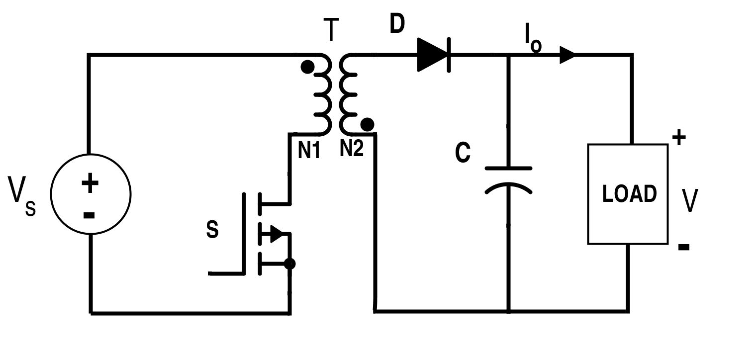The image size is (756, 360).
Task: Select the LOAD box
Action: click(x=628, y=194)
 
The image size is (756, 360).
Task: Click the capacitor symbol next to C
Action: click(x=508, y=179)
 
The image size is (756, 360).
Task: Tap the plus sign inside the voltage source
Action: click(x=90, y=184)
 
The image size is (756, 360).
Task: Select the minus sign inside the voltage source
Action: click(x=89, y=215)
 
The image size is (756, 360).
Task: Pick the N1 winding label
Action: click(x=309, y=149)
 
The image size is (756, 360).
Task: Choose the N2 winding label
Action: click(x=352, y=148)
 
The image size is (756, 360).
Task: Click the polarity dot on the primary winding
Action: click(x=308, y=66)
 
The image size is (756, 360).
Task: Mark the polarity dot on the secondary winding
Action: click(x=367, y=123)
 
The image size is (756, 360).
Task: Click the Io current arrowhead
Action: click(x=567, y=54)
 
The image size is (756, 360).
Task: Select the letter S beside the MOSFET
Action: click(x=212, y=230)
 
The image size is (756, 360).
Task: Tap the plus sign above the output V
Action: click(x=679, y=137)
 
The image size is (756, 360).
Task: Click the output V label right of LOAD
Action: click(x=689, y=200)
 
